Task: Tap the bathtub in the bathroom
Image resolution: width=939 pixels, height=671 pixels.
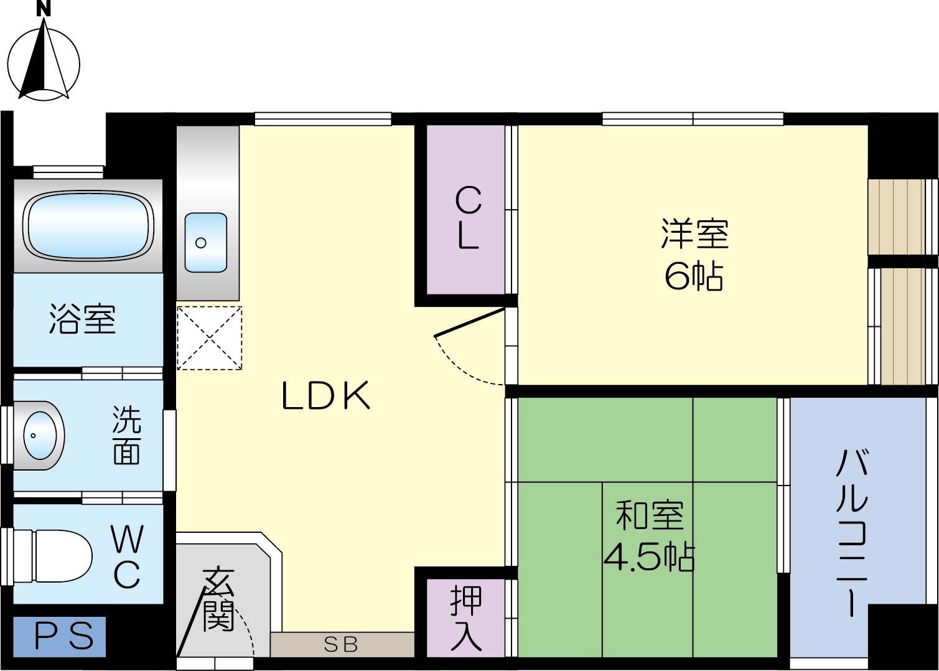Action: [88, 225]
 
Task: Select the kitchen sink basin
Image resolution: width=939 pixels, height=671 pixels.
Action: [205, 242]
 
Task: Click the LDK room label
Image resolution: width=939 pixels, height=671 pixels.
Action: [326, 396]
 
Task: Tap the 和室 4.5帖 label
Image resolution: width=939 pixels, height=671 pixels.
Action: [649, 536]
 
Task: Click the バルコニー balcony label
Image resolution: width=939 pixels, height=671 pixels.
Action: [852, 533]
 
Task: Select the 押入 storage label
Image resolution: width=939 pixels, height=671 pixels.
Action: [466, 618]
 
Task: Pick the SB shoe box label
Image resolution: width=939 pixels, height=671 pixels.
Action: [342, 645]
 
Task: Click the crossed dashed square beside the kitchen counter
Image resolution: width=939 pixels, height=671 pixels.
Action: [209, 337]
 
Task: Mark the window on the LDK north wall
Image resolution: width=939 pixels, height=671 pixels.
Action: [323, 118]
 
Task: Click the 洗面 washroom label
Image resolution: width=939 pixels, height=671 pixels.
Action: [126, 435]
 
